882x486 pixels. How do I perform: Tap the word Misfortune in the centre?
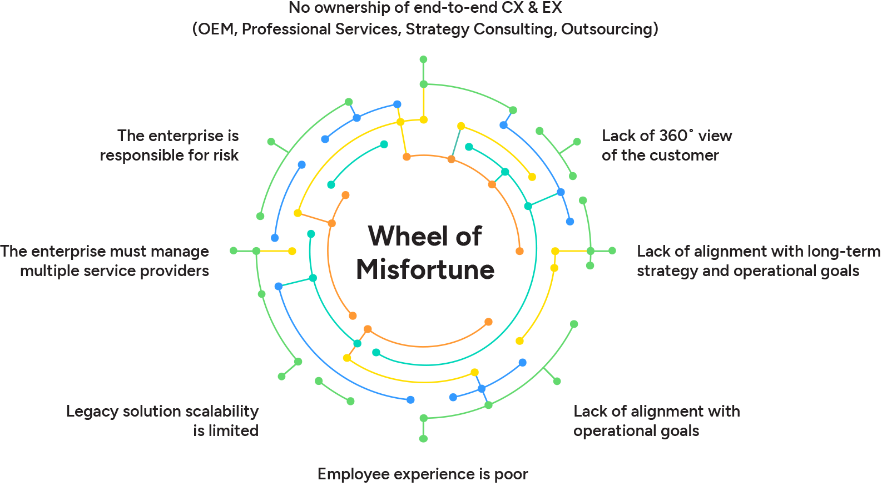pyautogui.click(x=425, y=270)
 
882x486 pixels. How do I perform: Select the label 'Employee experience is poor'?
pyautogui.click(x=422, y=474)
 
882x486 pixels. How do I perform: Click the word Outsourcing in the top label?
pyautogui.click(x=609, y=29)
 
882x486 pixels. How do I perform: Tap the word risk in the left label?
pyautogui.click(x=226, y=156)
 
